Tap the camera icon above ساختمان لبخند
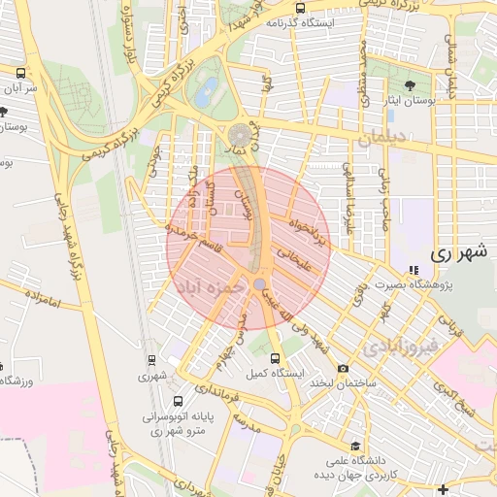click(x=343, y=368)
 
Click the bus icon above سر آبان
click(x=21, y=73)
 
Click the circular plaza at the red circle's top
click(x=240, y=136)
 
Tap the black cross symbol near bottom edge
click(x=444, y=487)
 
